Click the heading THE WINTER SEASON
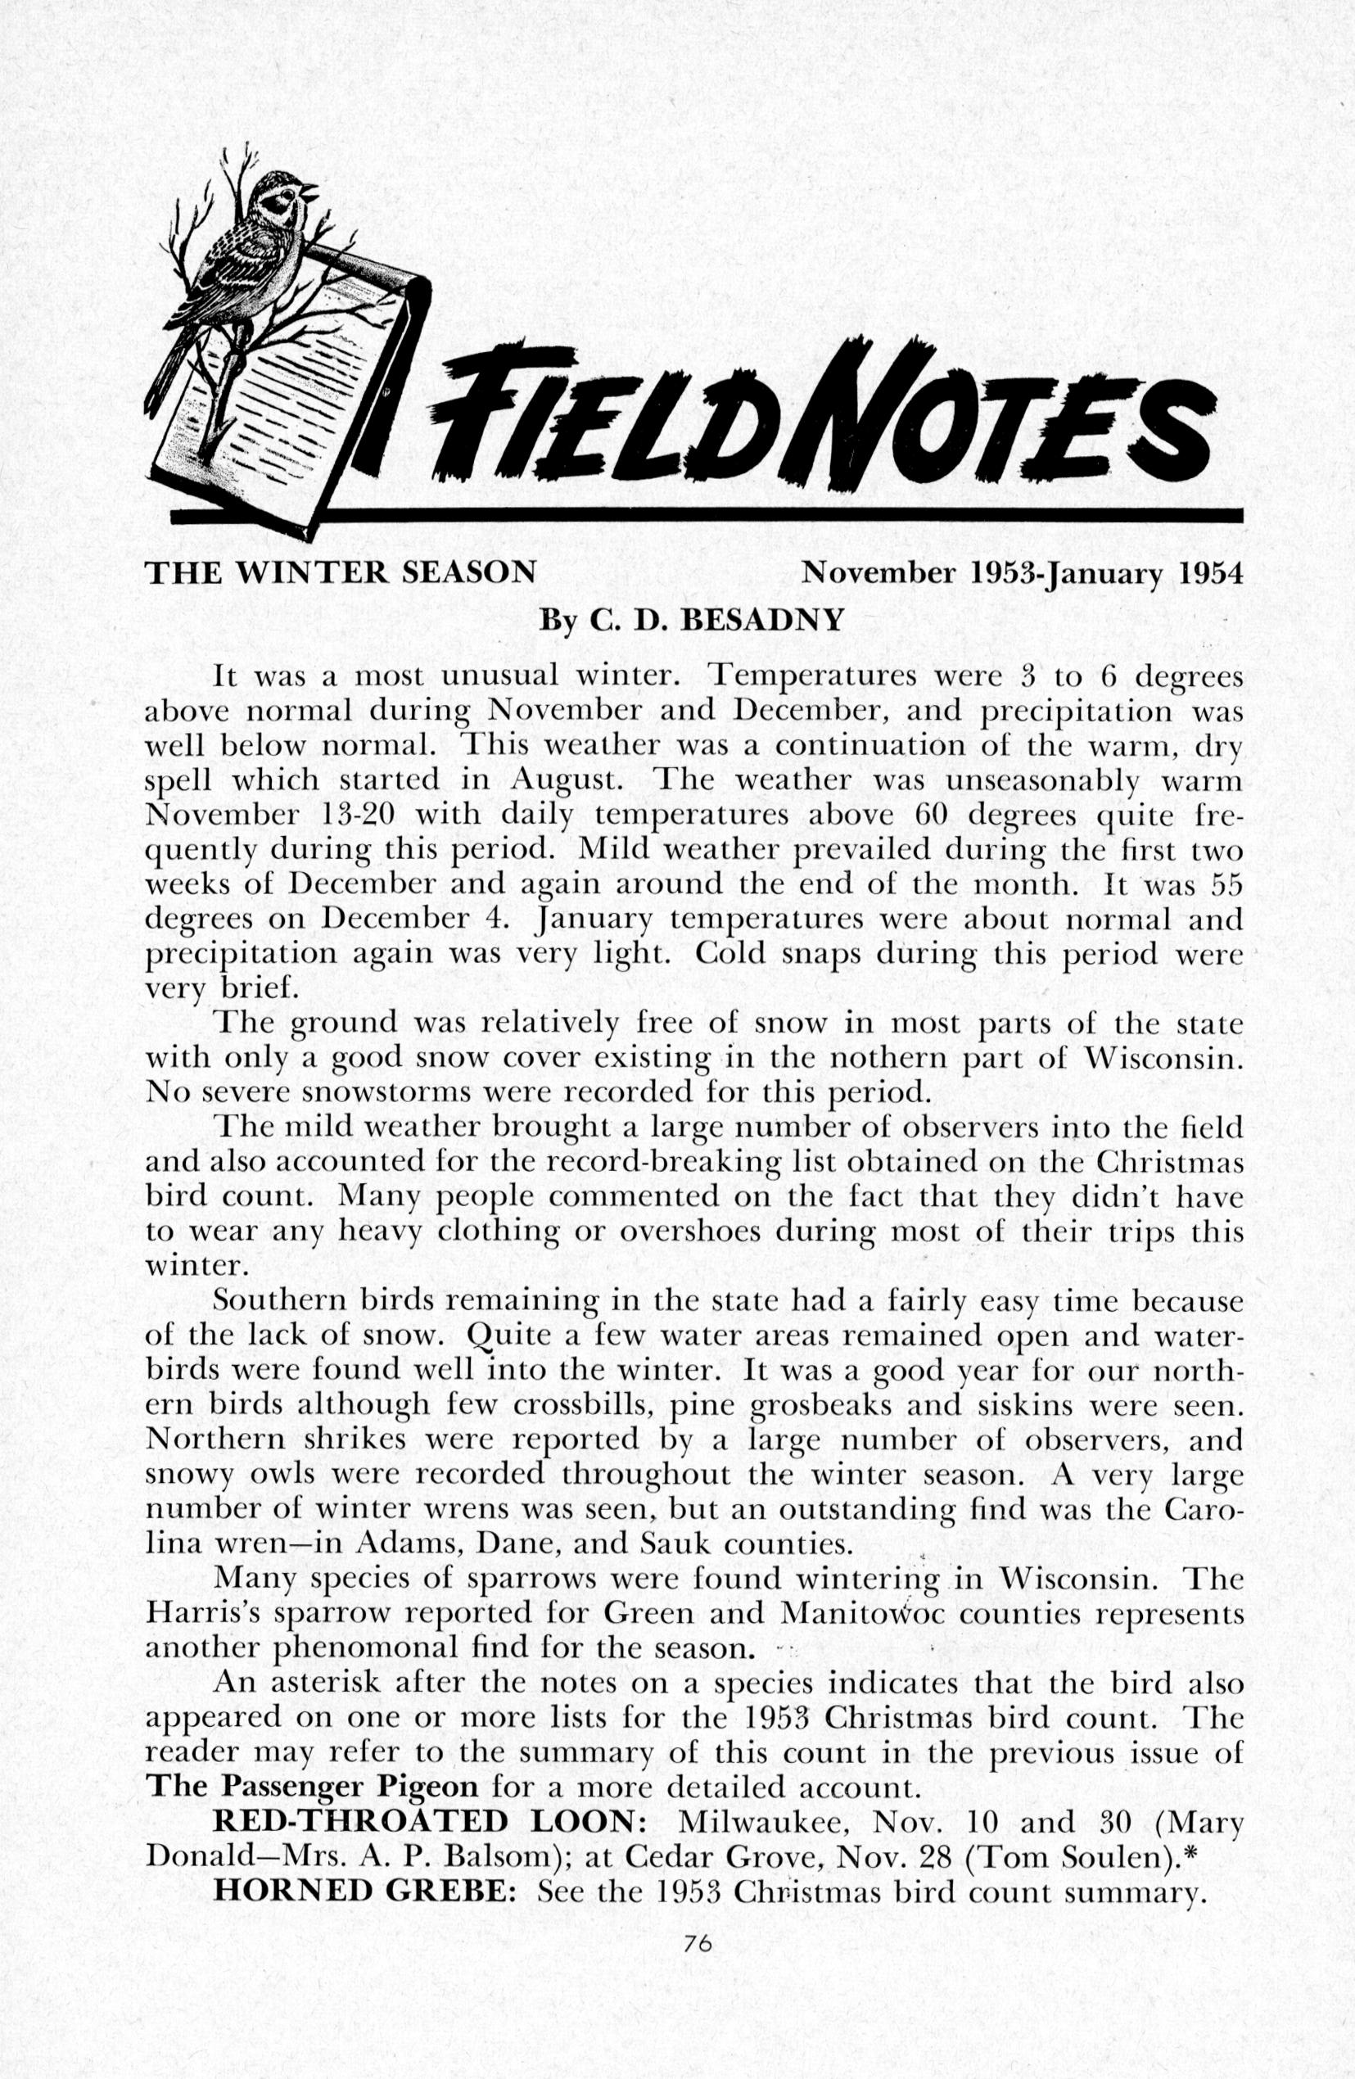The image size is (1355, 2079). click(x=340, y=572)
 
